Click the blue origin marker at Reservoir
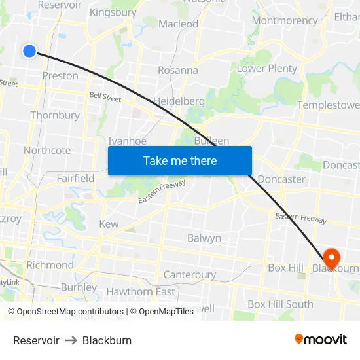tap(29, 50)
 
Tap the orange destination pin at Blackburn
tap(331, 257)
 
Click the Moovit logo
tap(321, 340)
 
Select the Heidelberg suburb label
tap(179, 101)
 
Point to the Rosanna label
tap(178, 70)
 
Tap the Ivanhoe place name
tap(127, 141)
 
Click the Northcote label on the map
tap(47, 150)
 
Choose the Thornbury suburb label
tap(55, 115)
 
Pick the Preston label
tap(60, 75)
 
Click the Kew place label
tap(109, 224)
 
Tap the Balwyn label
tap(204, 238)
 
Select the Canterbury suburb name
tap(190, 274)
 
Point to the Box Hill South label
tap(280, 304)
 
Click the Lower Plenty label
tap(266, 69)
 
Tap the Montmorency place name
tap(284, 20)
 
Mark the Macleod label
tap(178, 24)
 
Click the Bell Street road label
tap(105, 98)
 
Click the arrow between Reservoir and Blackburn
tap(71, 340)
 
